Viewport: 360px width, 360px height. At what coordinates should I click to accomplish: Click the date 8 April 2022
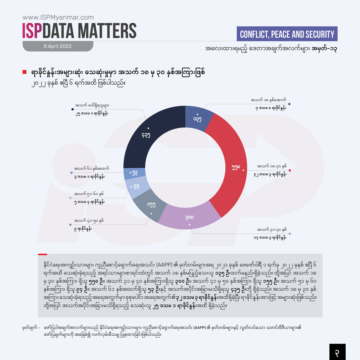click(58, 46)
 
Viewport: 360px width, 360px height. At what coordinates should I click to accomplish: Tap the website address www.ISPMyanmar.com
click(58, 18)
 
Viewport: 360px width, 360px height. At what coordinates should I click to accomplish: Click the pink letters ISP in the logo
click(32, 31)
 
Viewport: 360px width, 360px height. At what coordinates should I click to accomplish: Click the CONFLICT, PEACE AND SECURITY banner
click(287, 34)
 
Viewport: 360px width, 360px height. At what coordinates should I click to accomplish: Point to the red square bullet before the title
click(24, 72)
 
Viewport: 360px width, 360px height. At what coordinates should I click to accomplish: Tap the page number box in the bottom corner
click(337, 352)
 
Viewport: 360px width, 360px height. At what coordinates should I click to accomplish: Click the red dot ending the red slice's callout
click(290, 170)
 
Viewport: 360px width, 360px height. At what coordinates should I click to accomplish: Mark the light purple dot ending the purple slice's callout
click(290, 234)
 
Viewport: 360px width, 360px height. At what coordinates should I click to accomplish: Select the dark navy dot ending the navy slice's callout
click(73, 109)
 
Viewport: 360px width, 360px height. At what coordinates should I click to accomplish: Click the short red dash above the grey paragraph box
click(42, 254)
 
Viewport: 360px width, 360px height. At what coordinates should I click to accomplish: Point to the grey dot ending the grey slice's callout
click(70, 225)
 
